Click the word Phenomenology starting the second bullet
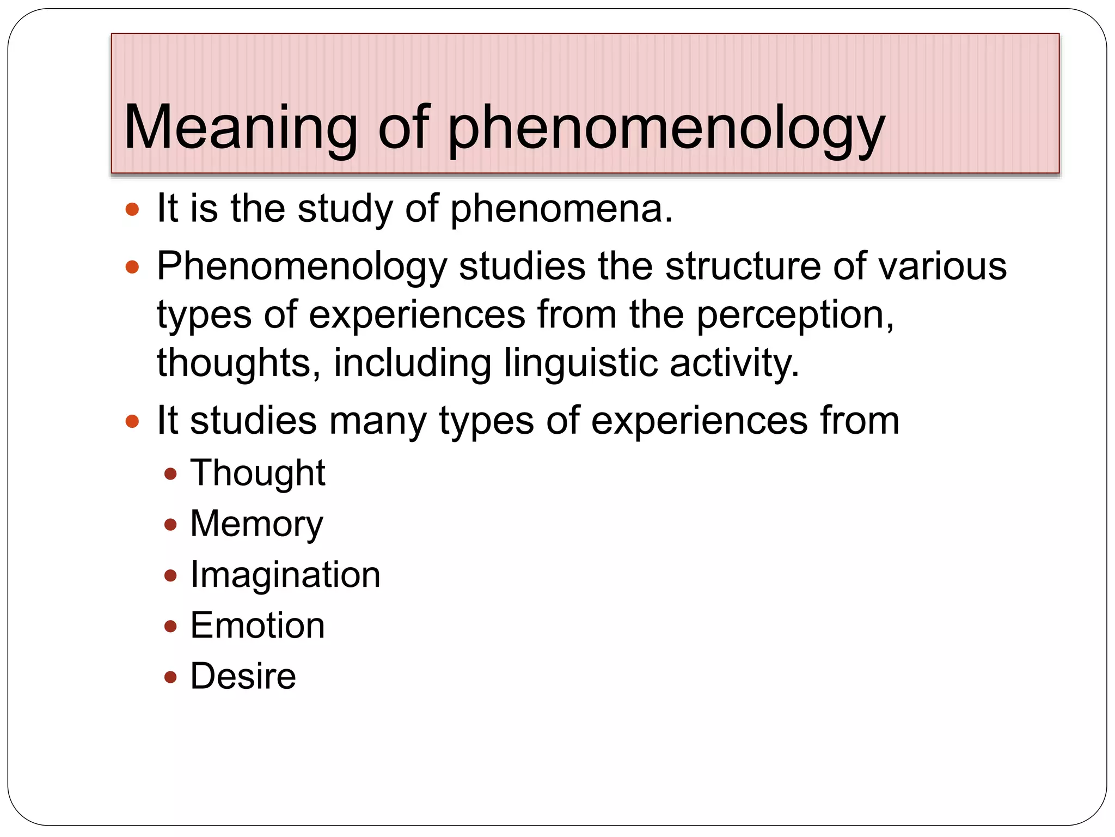(302, 268)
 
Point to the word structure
(743, 266)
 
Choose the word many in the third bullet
(378, 422)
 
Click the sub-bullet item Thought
(258, 473)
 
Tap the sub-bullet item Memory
(256, 524)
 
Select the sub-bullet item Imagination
(285, 575)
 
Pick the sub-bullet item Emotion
(258, 626)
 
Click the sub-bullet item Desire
(243, 677)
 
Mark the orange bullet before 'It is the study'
(132, 209)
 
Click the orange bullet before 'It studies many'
(132, 421)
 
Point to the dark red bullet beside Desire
(171, 677)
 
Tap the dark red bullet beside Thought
(171, 474)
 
